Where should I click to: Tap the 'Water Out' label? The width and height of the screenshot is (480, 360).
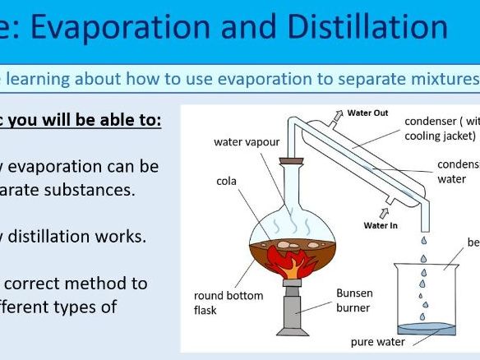point(367,113)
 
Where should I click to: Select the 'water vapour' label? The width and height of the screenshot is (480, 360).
point(245,141)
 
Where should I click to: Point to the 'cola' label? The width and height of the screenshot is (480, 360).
point(228,180)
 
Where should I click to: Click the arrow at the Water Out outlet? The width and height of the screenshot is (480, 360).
point(337,117)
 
